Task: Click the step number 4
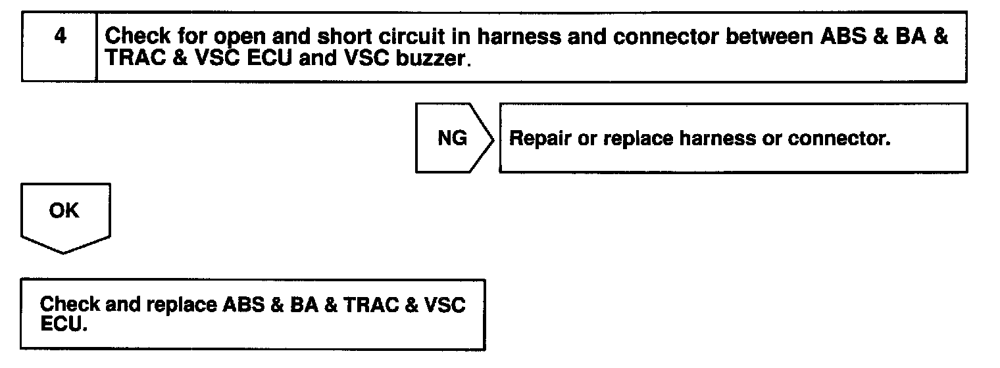pyautogui.click(x=59, y=37)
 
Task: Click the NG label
pyautogui.click(x=452, y=139)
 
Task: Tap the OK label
pyautogui.click(x=64, y=212)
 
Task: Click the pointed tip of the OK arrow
pyautogui.click(x=64, y=253)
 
